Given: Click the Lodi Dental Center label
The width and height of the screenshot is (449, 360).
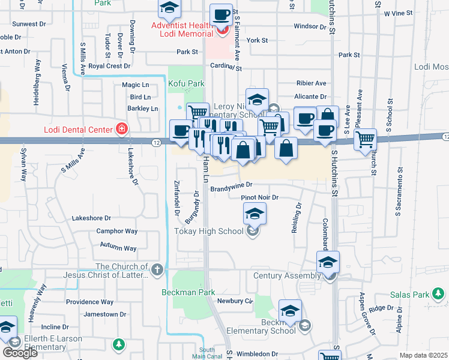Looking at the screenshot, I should (78, 130).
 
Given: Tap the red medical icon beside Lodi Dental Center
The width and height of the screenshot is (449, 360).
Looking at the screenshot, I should (122, 128).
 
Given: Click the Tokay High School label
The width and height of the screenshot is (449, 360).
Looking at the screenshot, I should (208, 231).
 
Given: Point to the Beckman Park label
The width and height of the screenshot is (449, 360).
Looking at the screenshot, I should (188, 292).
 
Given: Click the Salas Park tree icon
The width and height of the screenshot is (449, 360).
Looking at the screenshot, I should (441, 294).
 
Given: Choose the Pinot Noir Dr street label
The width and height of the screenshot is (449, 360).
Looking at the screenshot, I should (260, 197).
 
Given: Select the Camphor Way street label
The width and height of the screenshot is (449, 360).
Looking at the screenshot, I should (117, 231).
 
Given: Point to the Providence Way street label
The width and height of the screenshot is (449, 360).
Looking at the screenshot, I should (89, 302).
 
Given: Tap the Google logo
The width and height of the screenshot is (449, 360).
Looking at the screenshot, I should (20, 353).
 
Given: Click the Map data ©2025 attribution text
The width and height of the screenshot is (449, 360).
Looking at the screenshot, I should (423, 355).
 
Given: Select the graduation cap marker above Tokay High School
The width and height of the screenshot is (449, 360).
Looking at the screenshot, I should (255, 213).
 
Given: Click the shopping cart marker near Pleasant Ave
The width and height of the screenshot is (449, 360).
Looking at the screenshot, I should (364, 140).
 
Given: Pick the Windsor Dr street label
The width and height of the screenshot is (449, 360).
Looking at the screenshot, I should (310, 26).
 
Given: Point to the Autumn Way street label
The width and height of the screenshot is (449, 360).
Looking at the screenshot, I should (118, 248).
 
